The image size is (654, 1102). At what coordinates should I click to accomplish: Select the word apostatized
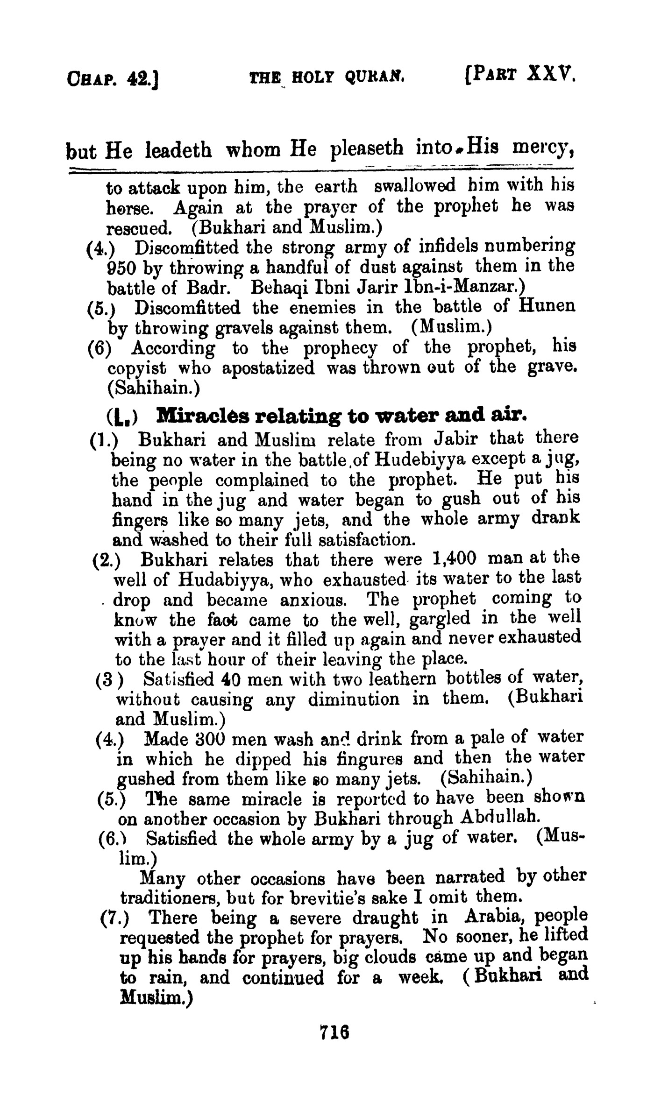pos(268,368)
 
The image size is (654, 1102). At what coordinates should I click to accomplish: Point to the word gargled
pos(440,619)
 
